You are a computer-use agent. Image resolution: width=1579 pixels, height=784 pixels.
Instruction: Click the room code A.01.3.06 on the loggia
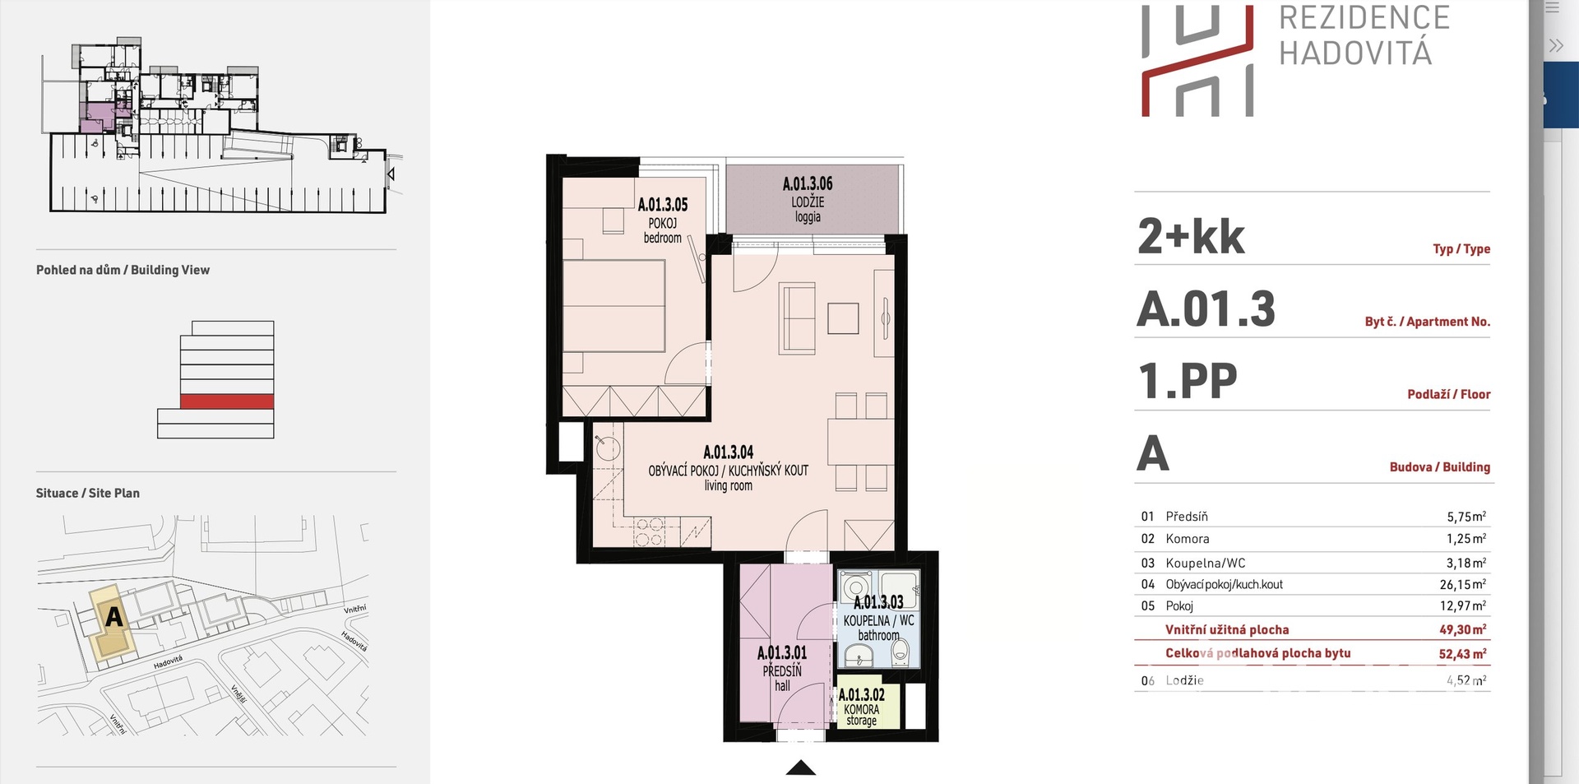(x=808, y=184)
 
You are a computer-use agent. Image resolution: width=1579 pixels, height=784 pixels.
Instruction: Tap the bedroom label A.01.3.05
(x=663, y=205)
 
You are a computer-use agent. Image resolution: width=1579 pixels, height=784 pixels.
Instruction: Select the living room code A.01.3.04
(x=729, y=452)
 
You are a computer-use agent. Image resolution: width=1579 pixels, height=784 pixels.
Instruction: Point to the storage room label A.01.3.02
(x=862, y=695)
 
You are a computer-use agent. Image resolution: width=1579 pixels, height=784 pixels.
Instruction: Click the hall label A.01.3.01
(x=782, y=653)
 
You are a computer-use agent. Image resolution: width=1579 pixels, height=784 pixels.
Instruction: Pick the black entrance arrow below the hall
(x=801, y=768)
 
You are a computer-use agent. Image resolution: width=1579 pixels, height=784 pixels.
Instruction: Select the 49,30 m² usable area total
(x=1463, y=629)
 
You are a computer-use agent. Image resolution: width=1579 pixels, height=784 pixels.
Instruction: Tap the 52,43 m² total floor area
(x=1463, y=654)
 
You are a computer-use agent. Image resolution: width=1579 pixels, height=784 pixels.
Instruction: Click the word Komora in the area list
(x=1188, y=539)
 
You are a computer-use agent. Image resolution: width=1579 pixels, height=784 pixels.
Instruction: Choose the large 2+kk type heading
(x=1191, y=237)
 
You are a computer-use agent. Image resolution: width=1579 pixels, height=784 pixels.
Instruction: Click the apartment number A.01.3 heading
(x=1206, y=309)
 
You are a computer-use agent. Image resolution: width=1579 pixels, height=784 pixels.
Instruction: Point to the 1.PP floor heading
(x=1188, y=382)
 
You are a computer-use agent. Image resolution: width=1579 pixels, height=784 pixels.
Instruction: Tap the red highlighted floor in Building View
(x=227, y=401)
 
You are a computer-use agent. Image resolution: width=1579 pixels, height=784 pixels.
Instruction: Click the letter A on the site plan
(x=113, y=616)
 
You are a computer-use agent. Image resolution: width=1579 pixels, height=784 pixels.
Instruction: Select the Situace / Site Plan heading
(x=88, y=494)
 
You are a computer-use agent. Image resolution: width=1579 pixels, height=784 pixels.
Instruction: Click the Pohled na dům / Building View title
(x=123, y=270)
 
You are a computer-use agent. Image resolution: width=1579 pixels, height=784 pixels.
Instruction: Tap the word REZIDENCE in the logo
(x=1364, y=18)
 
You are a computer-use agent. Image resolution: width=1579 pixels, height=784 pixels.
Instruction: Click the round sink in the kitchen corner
(x=608, y=448)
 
